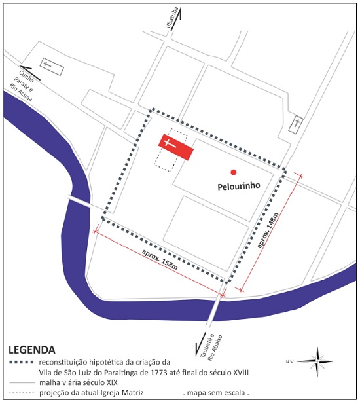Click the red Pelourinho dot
(x=233, y=172)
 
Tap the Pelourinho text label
(x=239, y=186)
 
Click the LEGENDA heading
(x=31, y=349)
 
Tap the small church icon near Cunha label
(x=48, y=65)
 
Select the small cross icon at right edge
(x=298, y=123)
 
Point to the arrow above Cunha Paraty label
(x=29, y=75)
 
